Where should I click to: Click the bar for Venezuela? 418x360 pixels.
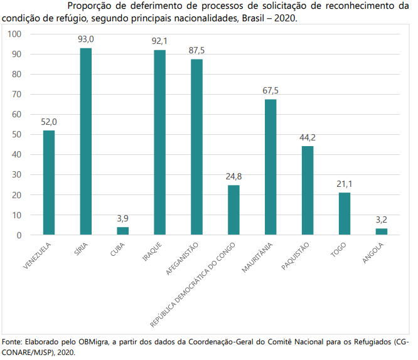point(49,183)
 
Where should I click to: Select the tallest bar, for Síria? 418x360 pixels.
point(86,141)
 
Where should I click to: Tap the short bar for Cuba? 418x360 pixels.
point(122,231)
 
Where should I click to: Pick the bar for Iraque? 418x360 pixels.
point(159,142)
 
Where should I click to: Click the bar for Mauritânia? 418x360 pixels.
point(271,167)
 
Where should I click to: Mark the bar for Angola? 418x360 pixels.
point(382,231)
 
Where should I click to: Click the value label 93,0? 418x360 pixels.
point(86,39)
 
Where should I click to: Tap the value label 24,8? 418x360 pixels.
point(233,176)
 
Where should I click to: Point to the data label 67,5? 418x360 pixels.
point(271,90)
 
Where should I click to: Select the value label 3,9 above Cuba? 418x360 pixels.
point(122,218)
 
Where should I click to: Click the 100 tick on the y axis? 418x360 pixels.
point(16,34)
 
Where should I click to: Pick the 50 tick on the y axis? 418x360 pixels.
point(18,134)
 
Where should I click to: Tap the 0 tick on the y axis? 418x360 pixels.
point(19,235)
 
